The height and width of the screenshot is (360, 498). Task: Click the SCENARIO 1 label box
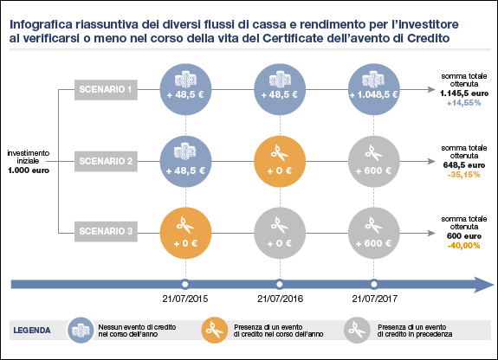[x=106, y=88]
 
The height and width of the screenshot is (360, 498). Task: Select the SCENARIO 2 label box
[x=106, y=161]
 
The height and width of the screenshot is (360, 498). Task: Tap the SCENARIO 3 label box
[x=106, y=232]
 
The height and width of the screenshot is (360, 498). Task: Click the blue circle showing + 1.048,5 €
[x=374, y=88]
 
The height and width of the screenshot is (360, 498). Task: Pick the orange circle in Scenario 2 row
[x=279, y=161]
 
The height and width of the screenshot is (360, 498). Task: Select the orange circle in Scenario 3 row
[x=184, y=232]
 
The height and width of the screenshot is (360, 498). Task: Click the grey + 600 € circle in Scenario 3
[x=374, y=232]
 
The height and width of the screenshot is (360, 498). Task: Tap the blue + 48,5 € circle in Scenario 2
[x=184, y=161]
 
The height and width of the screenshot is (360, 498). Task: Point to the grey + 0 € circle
[x=279, y=232]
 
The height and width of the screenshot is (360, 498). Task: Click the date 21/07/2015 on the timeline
[x=184, y=299]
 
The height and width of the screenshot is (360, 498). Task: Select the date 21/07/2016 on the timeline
[x=279, y=299]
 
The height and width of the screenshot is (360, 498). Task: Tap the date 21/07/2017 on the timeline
[x=374, y=299]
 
